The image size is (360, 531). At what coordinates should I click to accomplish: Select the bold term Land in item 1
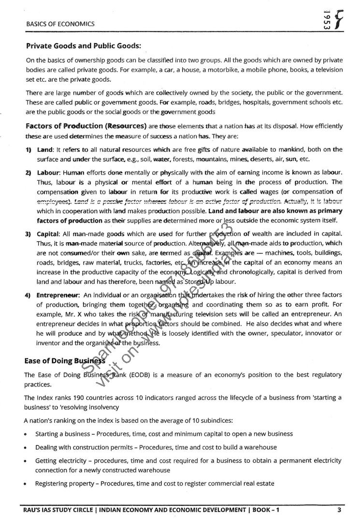(45, 149)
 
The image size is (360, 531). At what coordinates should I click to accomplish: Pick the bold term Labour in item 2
(47, 173)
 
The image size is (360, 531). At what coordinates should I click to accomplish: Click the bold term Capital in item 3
(48, 234)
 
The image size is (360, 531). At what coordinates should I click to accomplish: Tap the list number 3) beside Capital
(29, 234)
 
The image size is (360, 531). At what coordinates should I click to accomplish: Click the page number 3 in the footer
(340, 509)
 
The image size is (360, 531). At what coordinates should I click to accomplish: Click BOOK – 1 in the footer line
(263, 509)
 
